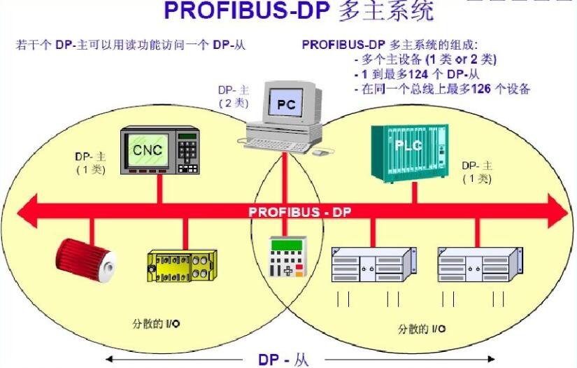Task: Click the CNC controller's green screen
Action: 147,150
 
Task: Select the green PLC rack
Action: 410,153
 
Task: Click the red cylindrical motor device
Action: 85,260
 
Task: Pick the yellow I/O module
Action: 182,266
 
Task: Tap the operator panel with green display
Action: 287,256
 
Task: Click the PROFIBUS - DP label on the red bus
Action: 300,213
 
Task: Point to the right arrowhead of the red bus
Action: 558,211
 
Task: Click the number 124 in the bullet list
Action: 418,74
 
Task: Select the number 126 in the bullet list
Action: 481,89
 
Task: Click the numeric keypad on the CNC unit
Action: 188,152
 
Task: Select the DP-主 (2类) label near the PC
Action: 234,97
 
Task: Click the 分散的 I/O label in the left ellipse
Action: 156,324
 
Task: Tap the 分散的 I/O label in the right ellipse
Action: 422,329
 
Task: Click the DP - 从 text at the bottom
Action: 283,360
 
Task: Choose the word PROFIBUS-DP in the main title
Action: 247,10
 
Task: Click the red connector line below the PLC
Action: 414,193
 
